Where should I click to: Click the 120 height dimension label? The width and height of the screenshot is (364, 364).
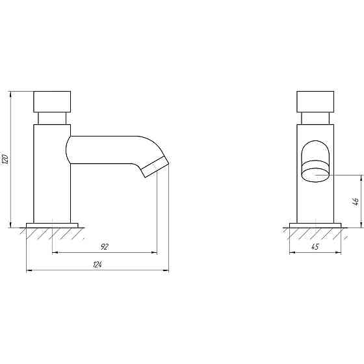5,159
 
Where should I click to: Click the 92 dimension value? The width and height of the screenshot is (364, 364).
105,247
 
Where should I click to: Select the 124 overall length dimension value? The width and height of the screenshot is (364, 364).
97,265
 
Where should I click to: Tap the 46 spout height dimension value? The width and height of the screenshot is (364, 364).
356,201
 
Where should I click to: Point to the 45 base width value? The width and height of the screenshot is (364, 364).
315,247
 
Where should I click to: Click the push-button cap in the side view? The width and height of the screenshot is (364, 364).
52,101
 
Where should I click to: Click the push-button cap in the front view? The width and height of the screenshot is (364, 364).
315,101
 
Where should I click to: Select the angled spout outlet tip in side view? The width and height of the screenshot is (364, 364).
155,166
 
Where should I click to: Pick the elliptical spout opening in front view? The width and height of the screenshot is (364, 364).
315,175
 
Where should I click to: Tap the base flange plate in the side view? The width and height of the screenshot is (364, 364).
52,226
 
